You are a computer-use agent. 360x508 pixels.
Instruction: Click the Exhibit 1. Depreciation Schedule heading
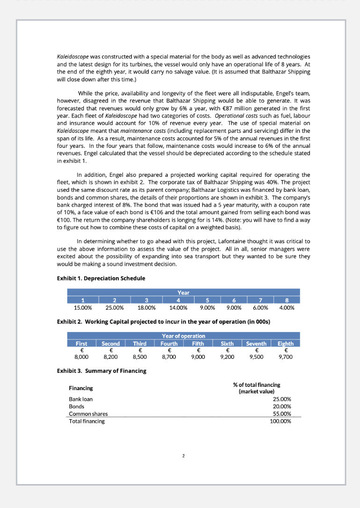click(101, 278)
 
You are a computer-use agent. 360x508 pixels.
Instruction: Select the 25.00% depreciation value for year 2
click(115, 308)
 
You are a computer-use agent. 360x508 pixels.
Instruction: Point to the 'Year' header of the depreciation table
click(183, 293)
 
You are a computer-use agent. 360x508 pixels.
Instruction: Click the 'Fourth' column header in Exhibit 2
click(169, 343)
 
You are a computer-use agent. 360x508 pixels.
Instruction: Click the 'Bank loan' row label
click(81, 399)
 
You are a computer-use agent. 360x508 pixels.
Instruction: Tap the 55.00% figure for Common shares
click(282, 414)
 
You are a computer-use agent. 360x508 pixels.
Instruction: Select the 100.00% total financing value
click(281, 421)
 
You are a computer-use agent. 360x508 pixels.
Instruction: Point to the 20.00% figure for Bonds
click(282, 406)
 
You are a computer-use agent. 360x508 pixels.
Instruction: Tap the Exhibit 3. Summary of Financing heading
click(101, 371)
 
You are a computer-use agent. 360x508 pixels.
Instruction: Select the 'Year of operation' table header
click(183, 336)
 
